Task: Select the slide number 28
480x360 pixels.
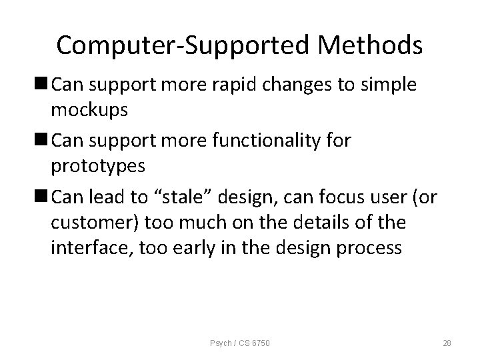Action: (x=447, y=343)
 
